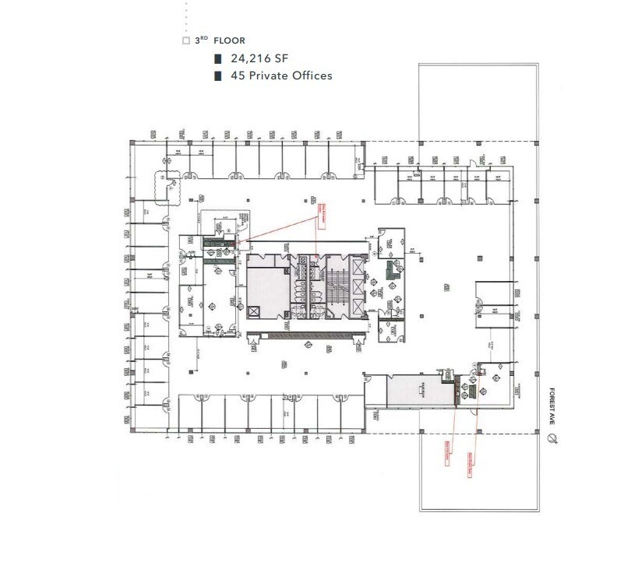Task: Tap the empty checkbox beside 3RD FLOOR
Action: tap(185, 40)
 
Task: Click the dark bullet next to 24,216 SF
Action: tap(218, 58)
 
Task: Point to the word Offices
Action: tap(311, 76)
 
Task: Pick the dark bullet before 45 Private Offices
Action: tap(218, 76)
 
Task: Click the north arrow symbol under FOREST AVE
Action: tap(552, 440)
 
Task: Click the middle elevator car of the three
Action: tap(358, 287)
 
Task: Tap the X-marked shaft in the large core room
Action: tap(255, 310)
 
